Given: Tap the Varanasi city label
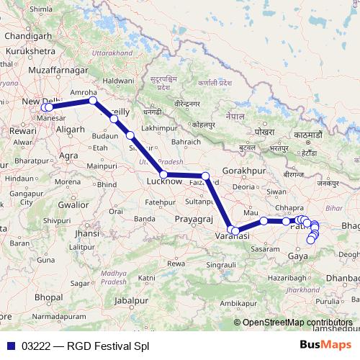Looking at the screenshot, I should [x=233, y=237].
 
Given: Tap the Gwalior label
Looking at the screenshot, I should [x=75, y=204].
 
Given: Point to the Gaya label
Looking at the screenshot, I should [x=297, y=256].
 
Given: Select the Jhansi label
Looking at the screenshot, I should [x=86, y=234].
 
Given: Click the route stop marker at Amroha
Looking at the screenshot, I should [x=93, y=101].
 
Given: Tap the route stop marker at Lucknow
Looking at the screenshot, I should [x=164, y=175].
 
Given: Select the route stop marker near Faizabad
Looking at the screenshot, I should [x=205, y=176].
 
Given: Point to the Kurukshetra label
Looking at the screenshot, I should [x=30, y=53].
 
